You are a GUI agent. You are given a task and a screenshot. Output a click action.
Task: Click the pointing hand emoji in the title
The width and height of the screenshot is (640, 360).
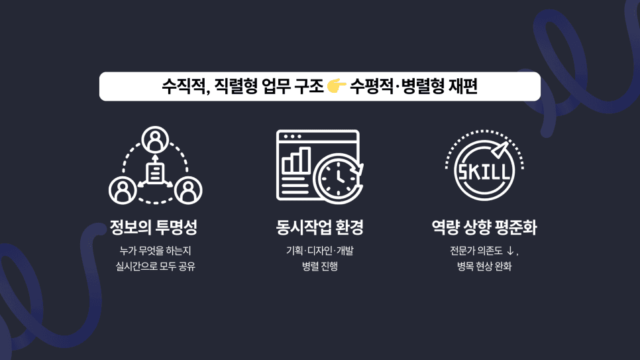coord(337,86)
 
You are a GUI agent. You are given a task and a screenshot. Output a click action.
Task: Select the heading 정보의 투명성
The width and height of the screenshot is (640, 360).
coord(154,228)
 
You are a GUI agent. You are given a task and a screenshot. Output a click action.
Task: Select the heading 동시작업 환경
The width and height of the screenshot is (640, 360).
coord(319,228)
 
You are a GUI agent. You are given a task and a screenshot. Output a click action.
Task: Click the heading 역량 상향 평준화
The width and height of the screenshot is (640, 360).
coord(484,228)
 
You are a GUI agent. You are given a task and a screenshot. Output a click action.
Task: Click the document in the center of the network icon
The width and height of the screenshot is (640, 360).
coord(155,173)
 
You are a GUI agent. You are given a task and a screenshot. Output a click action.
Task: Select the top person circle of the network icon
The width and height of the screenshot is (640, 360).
coord(155,139)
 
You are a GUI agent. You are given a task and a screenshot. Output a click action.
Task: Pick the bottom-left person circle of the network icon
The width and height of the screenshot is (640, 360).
coord(123,190)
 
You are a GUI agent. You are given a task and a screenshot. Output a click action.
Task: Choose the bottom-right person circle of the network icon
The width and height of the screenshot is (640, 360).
coord(188,190)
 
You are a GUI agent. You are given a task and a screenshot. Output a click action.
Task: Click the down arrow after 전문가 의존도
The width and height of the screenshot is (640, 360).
coord(509,251)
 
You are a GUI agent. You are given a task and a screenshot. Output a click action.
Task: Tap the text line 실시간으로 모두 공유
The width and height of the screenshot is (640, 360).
coord(155,267)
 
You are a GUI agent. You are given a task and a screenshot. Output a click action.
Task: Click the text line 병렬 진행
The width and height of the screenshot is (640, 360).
coord(319,267)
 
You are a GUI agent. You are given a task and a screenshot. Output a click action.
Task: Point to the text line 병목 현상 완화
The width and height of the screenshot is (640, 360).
coord(484,267)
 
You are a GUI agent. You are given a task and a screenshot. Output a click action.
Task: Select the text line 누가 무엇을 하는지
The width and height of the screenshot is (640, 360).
coord(155,251)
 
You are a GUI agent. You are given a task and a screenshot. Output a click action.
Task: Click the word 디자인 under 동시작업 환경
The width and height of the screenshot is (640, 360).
coord(319,251)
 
